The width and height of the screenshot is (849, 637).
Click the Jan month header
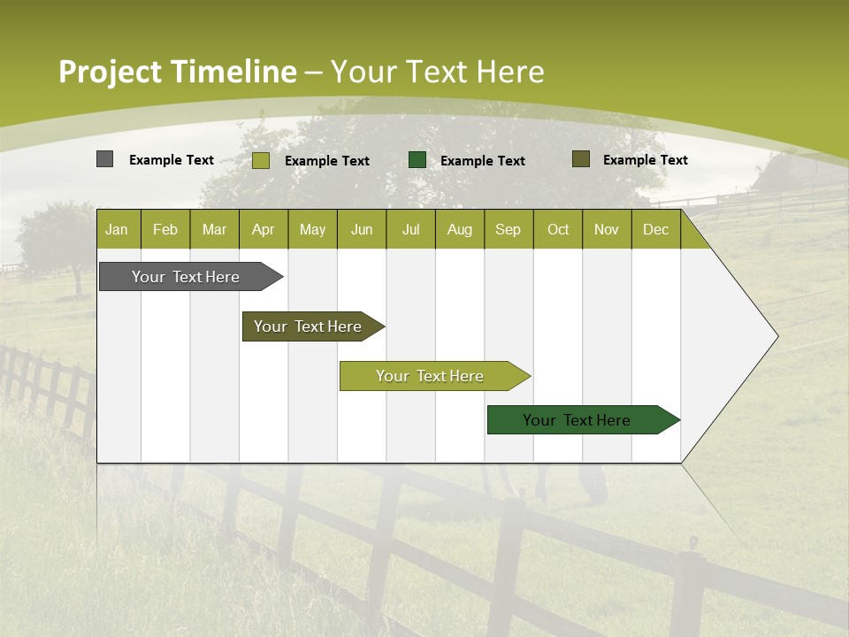[118, 229]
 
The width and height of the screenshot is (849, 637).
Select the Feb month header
[165, 229]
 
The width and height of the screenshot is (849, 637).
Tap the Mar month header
[214, 229]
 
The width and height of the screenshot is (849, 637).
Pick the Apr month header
[264, 229]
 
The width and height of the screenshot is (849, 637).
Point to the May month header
[312, 229]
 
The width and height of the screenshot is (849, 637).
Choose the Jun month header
[362, 229]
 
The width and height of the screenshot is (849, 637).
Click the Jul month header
[410, 229]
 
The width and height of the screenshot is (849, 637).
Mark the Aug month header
[460, 229]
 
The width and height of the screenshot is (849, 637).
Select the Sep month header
[509, 229]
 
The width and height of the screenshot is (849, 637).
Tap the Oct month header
[558, 229]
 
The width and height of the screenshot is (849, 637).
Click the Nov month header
[607, 229]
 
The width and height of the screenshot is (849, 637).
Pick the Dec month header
[656, 229]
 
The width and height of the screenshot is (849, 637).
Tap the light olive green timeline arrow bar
[431, 376]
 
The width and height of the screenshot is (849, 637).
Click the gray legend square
[104, 159]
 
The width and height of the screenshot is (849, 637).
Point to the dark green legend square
[417, 159]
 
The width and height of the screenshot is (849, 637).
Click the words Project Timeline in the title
[178, 72]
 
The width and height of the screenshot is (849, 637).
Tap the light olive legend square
[261, 160]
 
